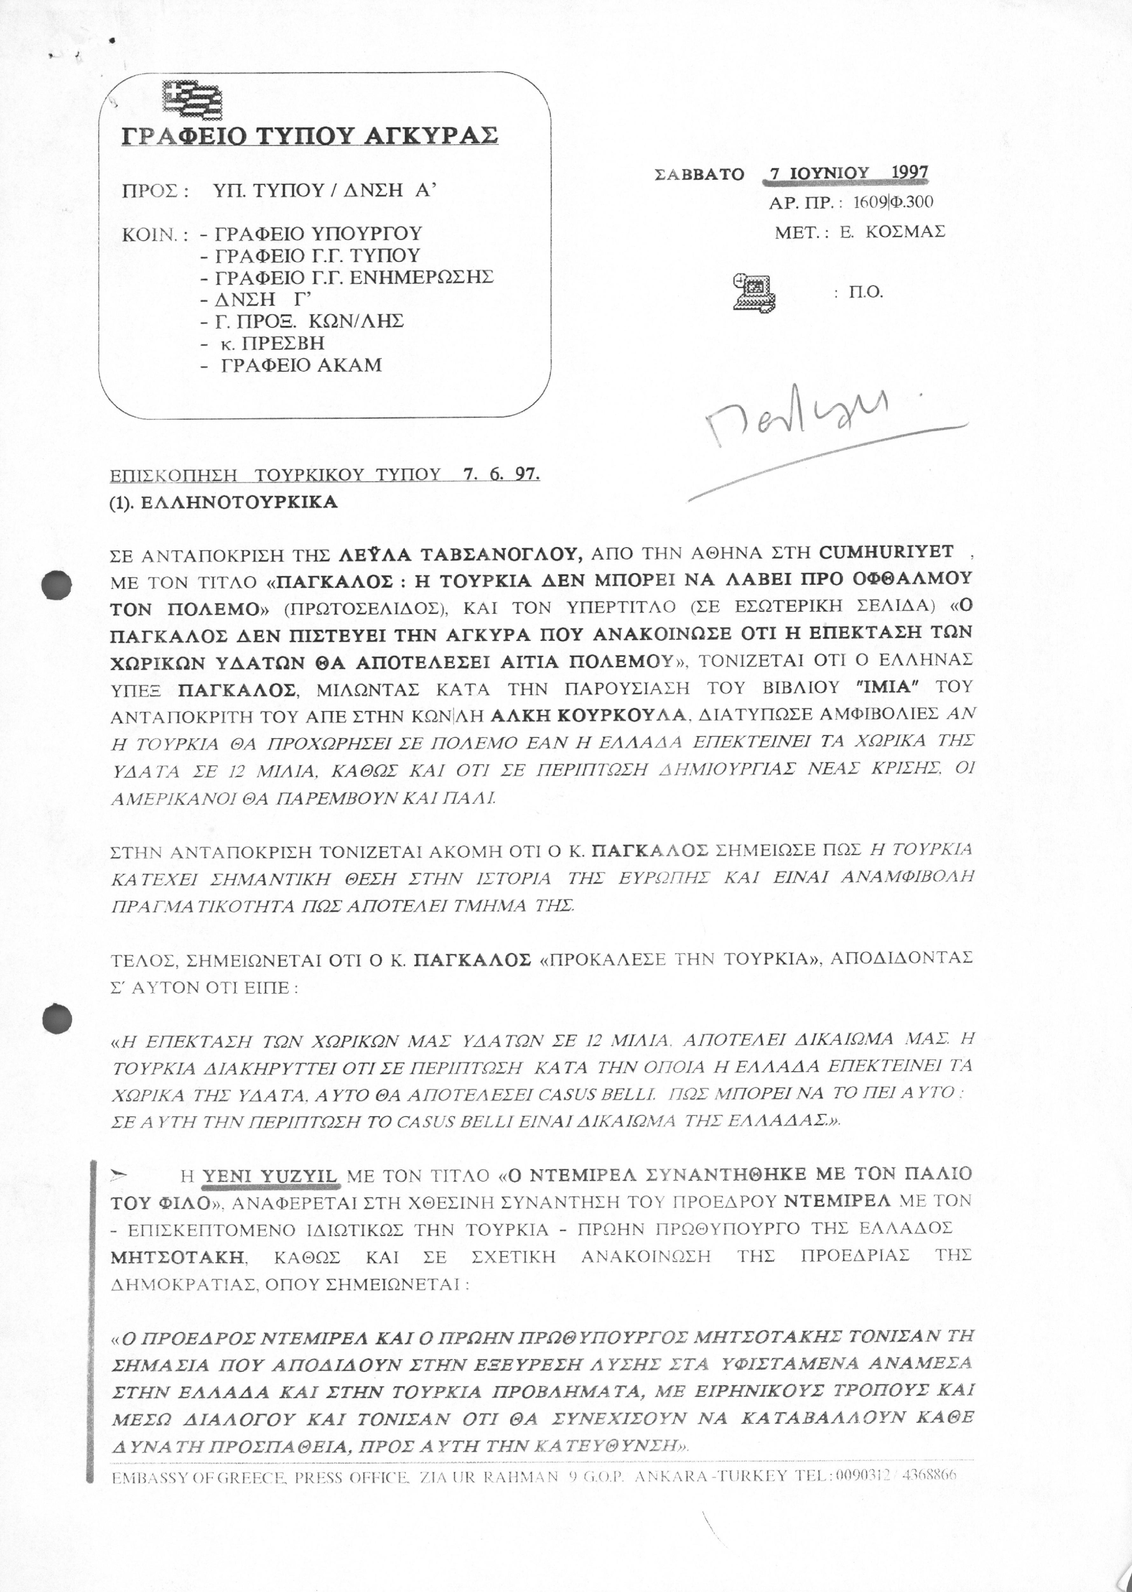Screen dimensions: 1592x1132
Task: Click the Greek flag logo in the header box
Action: coord(193,100)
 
